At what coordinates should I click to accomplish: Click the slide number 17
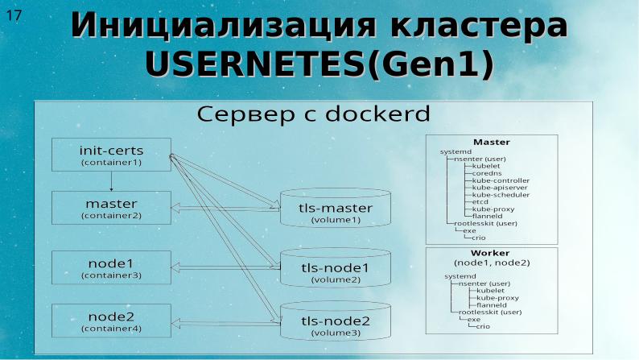14,15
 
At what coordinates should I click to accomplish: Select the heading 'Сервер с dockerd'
314,114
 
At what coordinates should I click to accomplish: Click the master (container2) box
111,208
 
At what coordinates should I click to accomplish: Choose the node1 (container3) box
111,267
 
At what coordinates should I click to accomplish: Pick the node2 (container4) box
111,321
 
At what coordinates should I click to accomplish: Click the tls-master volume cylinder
336,212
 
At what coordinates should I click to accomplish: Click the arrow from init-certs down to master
111,181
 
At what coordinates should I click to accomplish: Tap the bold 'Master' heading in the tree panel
491,142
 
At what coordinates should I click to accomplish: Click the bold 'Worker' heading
491,254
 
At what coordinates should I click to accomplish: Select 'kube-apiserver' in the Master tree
500,188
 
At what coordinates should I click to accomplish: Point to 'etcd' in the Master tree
480,201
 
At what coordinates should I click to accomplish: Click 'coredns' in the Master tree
487,173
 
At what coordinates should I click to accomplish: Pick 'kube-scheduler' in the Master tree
501,195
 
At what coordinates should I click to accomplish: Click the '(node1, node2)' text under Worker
492,263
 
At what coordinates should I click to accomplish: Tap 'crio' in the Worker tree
483,326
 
